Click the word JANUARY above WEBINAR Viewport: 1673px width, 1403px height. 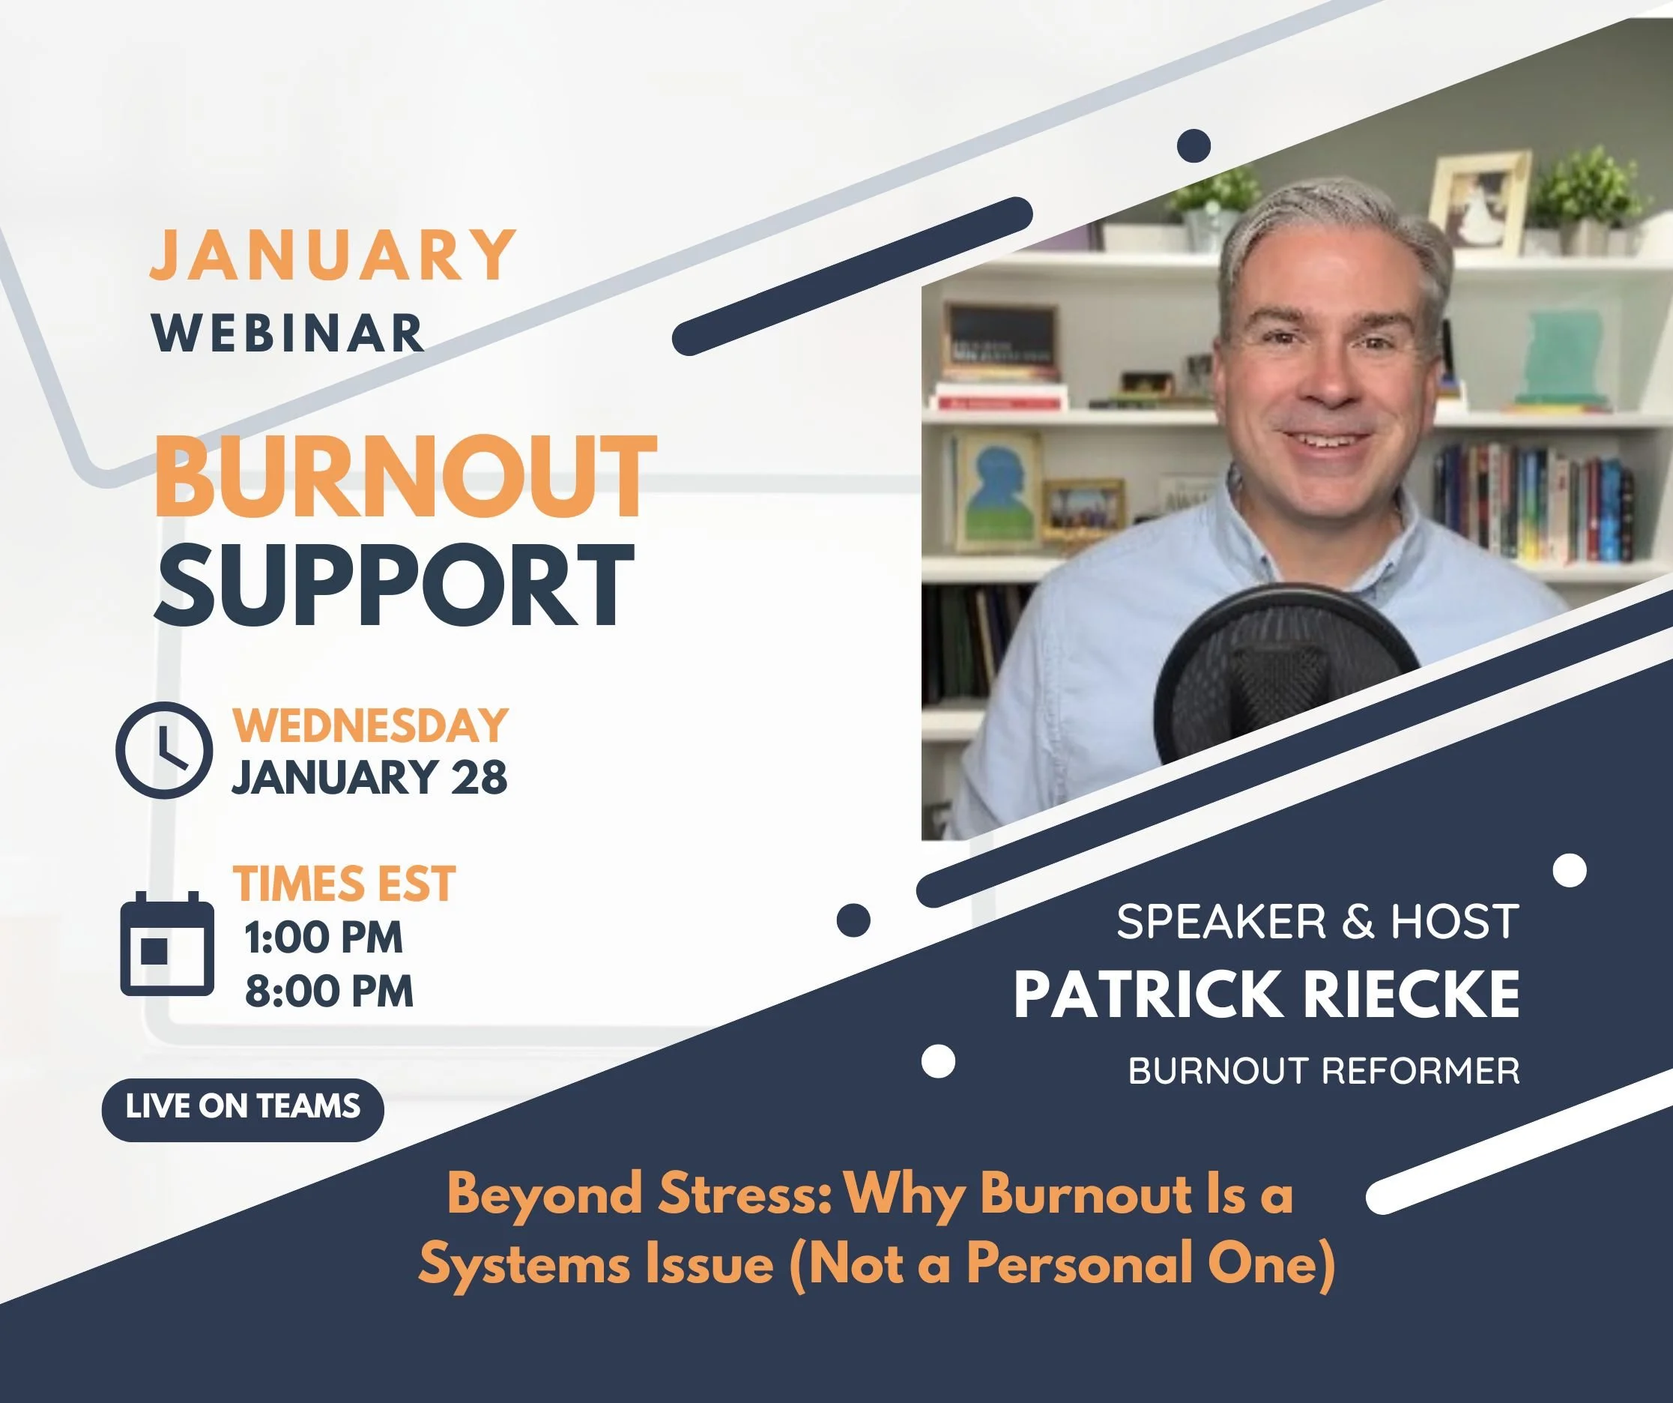coord(333,254)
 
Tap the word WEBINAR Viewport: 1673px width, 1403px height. coord(288,332)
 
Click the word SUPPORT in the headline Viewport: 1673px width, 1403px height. coord(394,586)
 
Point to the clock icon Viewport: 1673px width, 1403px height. coord(164,749)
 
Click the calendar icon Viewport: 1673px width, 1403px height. coord(166,944)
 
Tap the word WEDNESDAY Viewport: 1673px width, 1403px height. coord(369,725)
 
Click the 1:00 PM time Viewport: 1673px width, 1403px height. coord(324,938)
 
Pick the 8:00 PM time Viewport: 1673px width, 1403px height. coord(329,991)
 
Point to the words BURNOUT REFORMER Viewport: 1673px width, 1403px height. coord(1323,1071)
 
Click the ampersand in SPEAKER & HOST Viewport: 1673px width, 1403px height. coord(1360,922)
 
